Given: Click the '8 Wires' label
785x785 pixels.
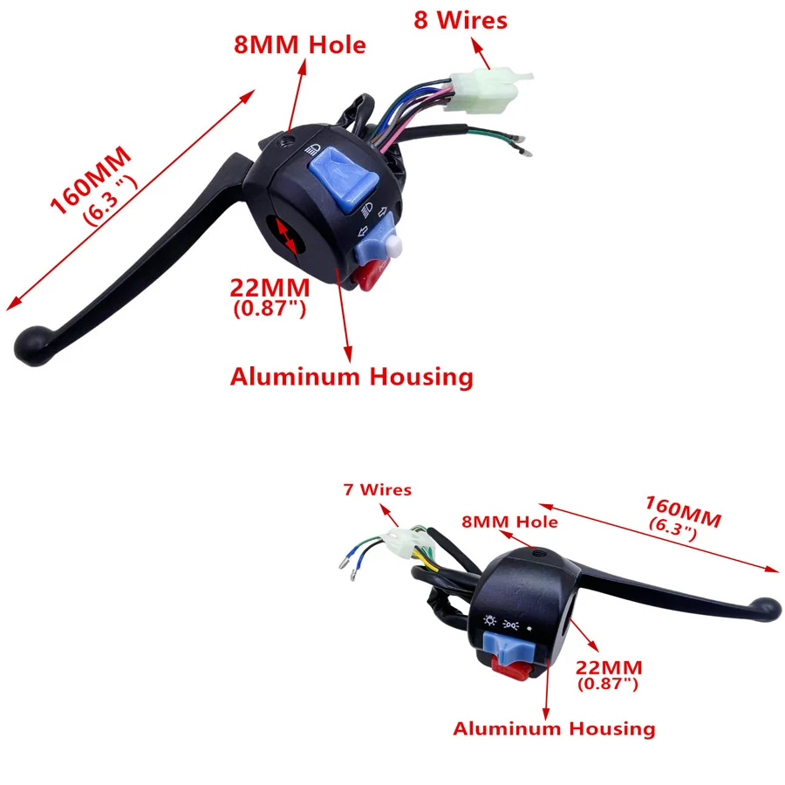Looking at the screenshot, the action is pos(460,21).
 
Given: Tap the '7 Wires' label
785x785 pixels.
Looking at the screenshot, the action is pos(377,490).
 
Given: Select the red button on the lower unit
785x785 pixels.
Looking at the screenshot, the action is pos(509,672).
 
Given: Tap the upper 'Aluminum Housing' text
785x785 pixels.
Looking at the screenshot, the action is pos(352,377).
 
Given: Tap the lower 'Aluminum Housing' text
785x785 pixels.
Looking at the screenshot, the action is pos(554,728).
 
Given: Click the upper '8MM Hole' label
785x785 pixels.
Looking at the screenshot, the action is pos(299,45).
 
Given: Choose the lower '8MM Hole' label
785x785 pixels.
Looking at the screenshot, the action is pos(509,522).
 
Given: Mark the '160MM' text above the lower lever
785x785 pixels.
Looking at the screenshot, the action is pos(683,511).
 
